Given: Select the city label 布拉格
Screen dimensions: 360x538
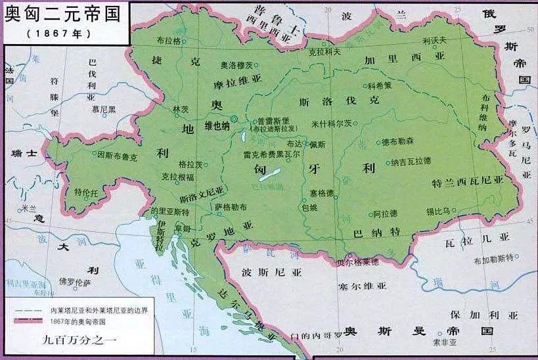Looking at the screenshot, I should pyautogui.click(x=168, y=40).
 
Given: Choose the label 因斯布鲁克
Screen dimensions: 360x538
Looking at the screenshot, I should pyautogui.click(x=118, y=157).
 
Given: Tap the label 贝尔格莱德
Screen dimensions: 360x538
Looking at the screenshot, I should pyautogui.click(x=357, y=262).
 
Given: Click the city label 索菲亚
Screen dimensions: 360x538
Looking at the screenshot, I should pyautogui.click(x=444, y=342).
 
